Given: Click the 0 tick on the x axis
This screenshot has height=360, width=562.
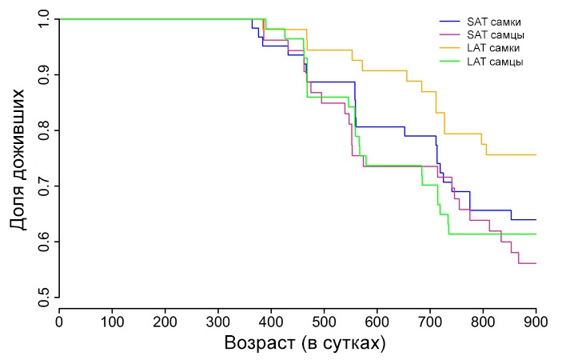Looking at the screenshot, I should pyautogui.click(x=59, y=321).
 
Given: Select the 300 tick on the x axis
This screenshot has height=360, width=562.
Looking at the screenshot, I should pyautogui.click(x=218, y=321).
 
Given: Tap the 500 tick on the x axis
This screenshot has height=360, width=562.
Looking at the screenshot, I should pyautogui.click(x=324, y=321).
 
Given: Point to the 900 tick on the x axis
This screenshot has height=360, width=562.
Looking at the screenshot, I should pyautogui.click(x=536, y=321).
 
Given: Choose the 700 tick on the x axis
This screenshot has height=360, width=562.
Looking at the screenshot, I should pyautogui.click(x=430, y=321).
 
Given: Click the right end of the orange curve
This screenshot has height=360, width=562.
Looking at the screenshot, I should pyautogui.click(x=536, y=154).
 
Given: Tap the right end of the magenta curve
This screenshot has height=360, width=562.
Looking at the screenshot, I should pyautogui.click(x=536, y=263).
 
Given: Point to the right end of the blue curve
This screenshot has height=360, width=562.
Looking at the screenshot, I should pyautogui.click(x=536, y=219).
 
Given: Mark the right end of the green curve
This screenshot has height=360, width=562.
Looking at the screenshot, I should pyautogui.click(x=536, y=234).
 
